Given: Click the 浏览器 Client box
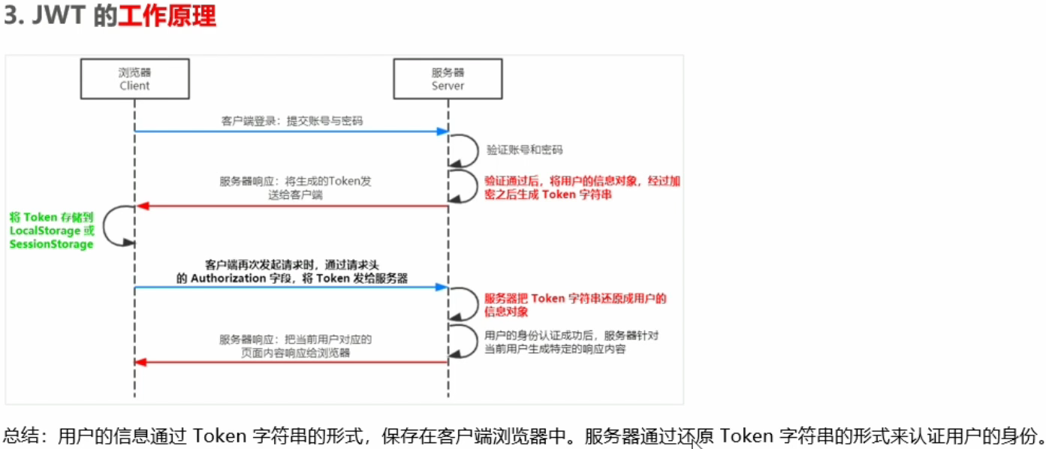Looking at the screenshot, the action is tap(134, 79).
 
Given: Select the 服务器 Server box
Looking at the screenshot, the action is tap(448, 79).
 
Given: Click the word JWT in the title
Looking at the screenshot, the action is tap(61, 17).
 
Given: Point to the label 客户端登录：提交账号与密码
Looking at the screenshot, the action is tap(292, 120).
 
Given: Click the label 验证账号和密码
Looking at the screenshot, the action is tap(525, 149).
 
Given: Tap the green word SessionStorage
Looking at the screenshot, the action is tap(51, 244).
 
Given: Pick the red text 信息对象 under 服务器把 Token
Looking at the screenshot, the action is tap(507, 311).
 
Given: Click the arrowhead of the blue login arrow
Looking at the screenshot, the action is tap(443, 131).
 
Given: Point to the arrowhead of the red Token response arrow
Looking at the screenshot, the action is tap(140, 206).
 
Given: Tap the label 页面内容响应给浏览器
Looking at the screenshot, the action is tap(295, 352).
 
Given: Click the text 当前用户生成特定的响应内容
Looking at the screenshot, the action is tap(556, 349).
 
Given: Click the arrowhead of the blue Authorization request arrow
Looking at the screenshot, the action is tap(443, 287).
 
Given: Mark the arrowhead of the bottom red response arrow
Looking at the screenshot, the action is tap(140, 363).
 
